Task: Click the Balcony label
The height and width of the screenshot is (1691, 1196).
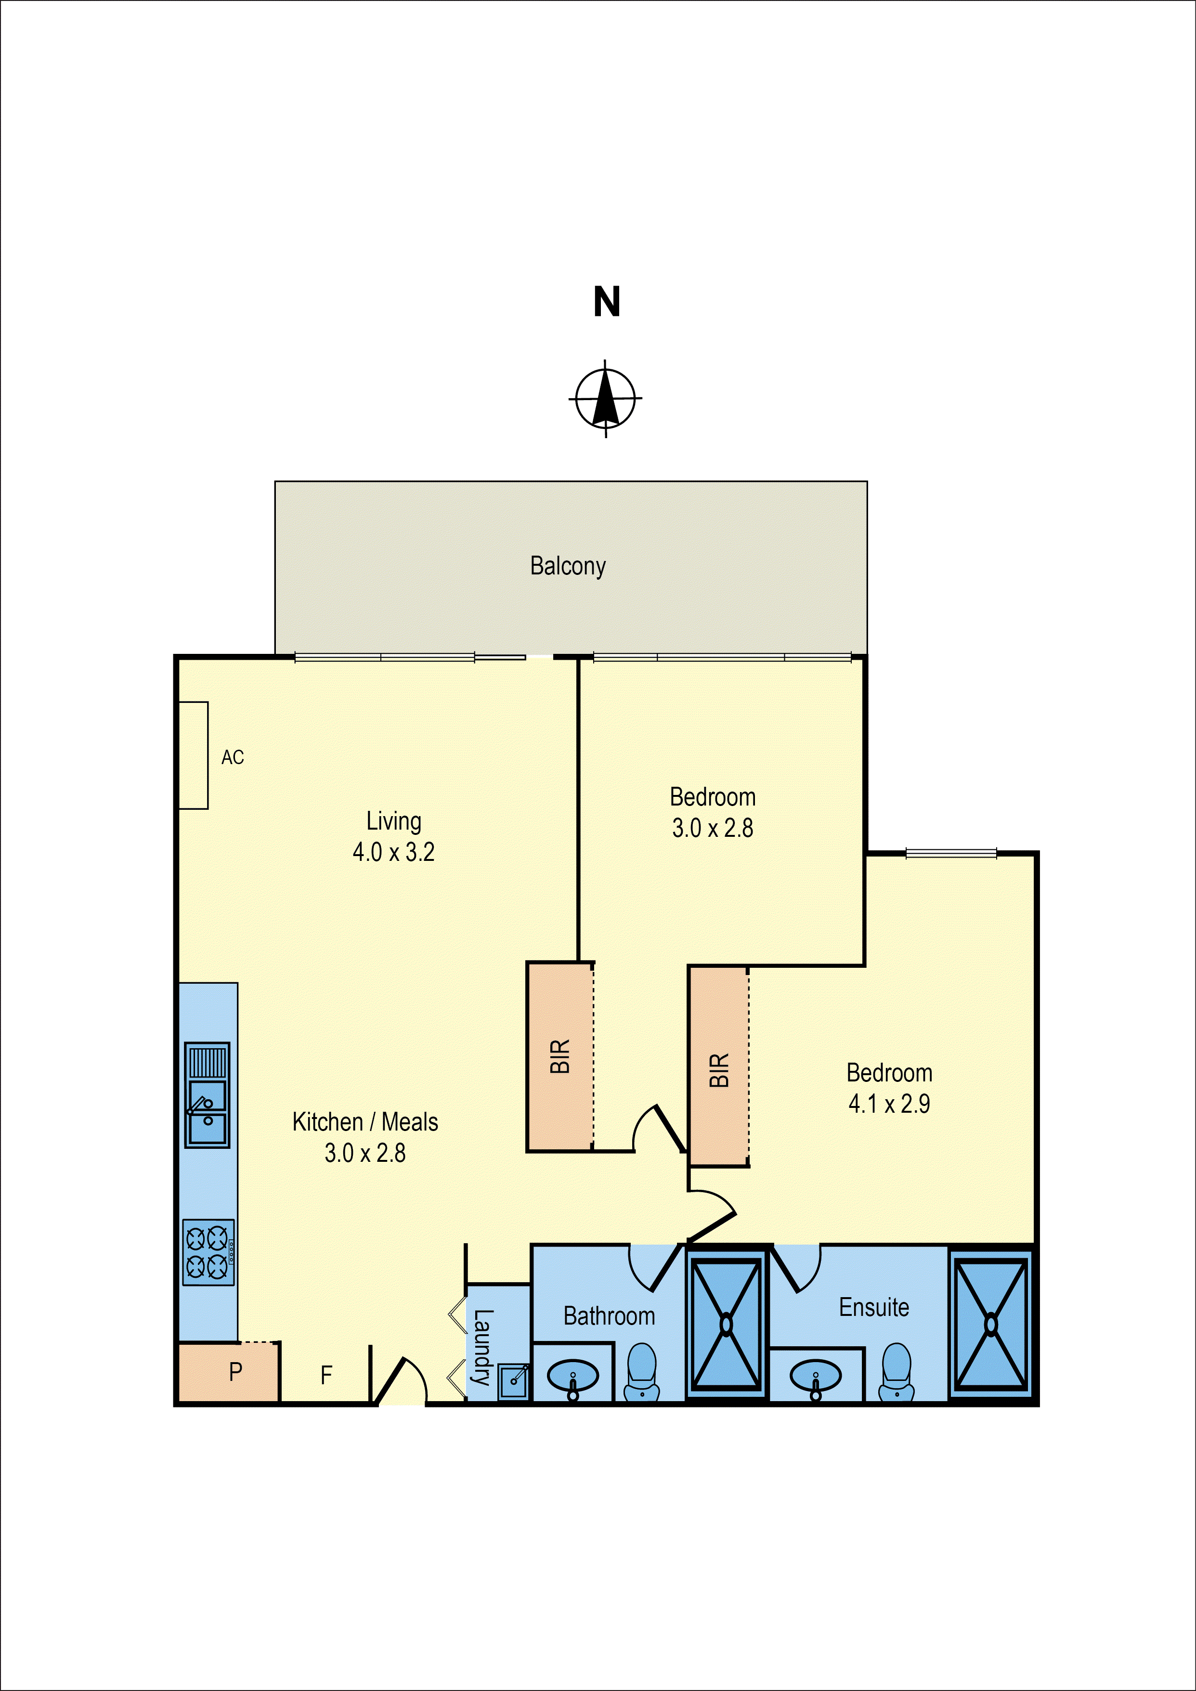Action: (567, 566)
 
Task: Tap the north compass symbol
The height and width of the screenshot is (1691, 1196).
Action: (605, 399)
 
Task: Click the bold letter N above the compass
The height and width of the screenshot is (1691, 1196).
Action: (607, 302)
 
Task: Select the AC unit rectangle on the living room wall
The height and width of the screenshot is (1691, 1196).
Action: (194, 755)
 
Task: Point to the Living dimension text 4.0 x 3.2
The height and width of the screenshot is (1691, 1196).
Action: (393, 852)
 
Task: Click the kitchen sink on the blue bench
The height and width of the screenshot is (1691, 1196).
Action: (207, 1094)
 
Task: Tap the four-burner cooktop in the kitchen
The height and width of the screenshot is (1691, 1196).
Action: (208, 1252)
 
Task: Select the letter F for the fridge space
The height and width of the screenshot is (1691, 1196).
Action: (326, 1374)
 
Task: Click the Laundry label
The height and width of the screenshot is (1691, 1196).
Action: (482, 1347)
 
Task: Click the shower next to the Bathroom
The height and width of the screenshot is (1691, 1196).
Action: (726, 1324)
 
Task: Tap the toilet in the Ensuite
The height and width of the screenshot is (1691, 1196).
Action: (896, 1371)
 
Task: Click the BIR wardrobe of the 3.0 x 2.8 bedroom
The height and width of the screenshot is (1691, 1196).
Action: (559, 1056)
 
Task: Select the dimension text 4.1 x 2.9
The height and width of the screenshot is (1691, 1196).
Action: (889, 1103)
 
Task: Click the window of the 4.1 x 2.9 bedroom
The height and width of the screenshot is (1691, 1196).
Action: (951, 854)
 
